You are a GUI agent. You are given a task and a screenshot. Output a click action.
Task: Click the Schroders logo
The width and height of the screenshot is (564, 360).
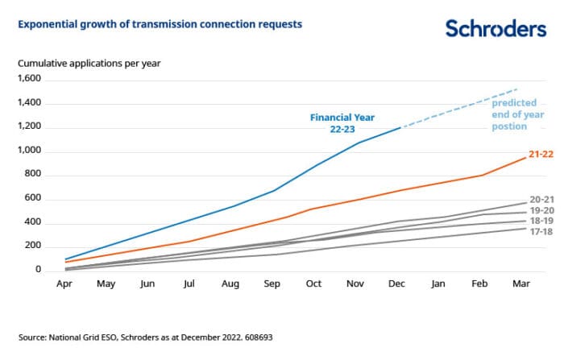[496, 29]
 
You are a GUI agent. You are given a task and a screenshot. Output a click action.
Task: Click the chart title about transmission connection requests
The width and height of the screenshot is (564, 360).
[160, 24]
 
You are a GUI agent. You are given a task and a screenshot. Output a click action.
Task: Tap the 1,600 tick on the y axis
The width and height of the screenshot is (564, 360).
[29, 79]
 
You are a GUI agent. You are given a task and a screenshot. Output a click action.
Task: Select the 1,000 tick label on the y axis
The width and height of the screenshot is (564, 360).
[29, 151]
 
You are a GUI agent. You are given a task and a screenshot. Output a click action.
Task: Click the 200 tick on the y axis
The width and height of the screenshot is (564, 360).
[34, 246]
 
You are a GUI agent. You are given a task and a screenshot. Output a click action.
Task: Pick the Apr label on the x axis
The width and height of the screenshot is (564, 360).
[64, 283]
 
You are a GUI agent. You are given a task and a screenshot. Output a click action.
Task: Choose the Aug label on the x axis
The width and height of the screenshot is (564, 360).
[231, 283]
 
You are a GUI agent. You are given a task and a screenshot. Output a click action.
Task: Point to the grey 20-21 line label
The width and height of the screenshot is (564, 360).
[539, 199]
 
